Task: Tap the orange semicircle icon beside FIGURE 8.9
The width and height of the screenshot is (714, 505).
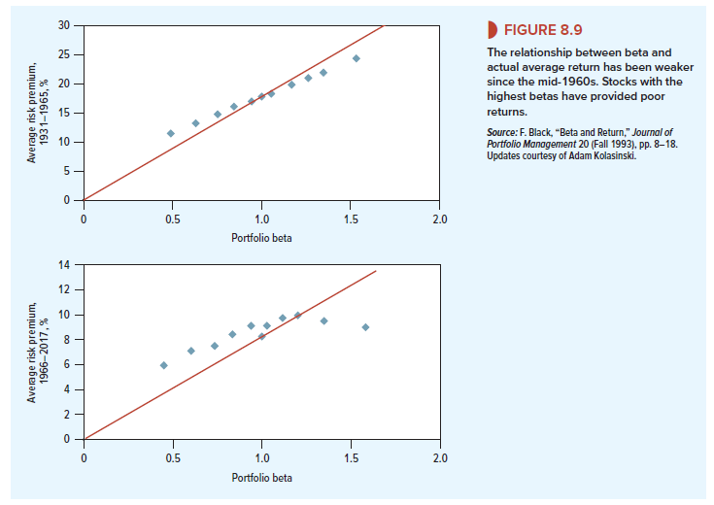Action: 490,29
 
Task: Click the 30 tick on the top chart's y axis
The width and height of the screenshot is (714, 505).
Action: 63,24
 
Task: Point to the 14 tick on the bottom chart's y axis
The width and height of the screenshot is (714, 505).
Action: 64,264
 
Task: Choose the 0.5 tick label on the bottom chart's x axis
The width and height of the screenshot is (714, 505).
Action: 172,456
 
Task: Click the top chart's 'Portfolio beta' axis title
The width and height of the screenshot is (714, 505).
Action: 261,237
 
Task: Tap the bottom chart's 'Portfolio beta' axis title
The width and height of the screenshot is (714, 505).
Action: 261,477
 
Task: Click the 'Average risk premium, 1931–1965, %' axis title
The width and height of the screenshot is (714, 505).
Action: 37,113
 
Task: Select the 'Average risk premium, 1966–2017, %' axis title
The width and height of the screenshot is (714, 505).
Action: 37,352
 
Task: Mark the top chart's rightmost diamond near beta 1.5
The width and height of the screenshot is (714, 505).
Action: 357,58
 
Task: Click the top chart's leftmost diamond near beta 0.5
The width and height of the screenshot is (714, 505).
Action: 171,133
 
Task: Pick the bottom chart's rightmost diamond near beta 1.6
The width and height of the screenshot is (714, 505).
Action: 365,327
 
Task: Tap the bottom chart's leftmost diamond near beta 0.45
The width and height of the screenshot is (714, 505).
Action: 163,365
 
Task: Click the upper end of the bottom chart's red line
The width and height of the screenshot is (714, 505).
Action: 376,271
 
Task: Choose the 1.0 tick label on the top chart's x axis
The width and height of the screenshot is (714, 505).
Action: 261,218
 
